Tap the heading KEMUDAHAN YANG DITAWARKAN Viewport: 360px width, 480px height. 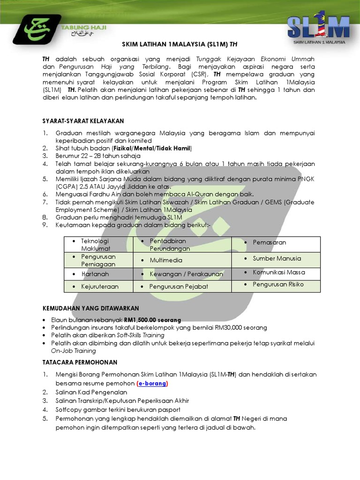(90, 308)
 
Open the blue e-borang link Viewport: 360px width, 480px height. (152, 383)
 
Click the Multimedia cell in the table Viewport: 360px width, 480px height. (166, 260)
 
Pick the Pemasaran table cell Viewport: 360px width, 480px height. (269, 242)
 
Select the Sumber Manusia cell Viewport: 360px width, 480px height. (277, 258)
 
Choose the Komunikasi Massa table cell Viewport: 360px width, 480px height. (278, 272)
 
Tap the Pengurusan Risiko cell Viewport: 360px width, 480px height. (278, 284)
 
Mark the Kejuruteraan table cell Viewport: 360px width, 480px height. (99, 286)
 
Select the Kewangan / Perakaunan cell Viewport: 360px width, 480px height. (186, 274)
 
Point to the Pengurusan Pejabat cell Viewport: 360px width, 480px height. (178, 286)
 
